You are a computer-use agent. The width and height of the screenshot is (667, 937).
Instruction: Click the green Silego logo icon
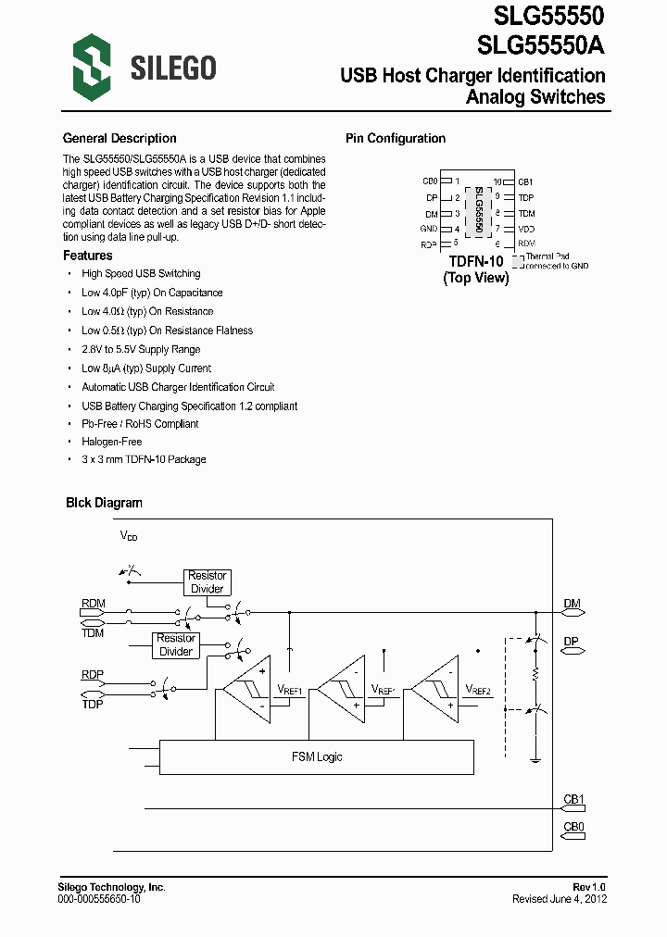click(92, 66)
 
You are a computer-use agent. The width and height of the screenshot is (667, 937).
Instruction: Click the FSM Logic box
click(317, 756)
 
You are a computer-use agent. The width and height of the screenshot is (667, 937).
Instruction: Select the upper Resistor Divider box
click(207, 582)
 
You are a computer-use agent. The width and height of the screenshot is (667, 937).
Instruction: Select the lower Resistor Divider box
click(175, 644)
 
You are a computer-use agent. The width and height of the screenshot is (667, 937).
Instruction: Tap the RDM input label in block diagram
click(93, 604)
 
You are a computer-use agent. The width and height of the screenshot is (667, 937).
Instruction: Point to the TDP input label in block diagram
click(93, 704)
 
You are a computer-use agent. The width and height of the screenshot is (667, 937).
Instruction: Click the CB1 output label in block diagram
click(573, 799)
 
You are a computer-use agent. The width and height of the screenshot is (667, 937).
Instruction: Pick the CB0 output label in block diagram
click(573, 826)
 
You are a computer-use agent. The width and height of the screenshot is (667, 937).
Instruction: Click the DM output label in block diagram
click(572, 604)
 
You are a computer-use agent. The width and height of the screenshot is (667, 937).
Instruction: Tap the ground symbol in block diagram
click(535, 760)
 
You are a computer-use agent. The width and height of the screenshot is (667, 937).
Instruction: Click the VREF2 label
click(478, 690)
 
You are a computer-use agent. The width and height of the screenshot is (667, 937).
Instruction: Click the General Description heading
click(120, 139)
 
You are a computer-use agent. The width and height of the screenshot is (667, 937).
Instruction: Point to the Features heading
click(88, 256)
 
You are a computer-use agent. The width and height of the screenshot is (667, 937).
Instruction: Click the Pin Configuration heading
click(396, 139)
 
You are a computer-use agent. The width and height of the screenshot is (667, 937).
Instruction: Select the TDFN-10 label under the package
click(475, 262)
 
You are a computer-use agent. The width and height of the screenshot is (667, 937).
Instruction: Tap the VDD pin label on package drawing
click(526, 229)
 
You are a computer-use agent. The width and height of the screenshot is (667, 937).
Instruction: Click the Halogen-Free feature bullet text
click(111, 442)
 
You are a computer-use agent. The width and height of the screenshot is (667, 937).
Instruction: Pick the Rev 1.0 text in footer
click(589, 887)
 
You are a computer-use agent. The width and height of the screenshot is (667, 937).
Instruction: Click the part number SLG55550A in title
click(542, 44)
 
